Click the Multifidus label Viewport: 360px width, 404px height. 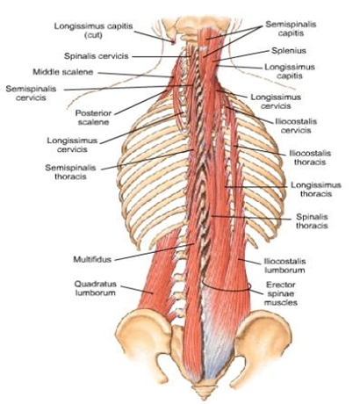coord(92,259)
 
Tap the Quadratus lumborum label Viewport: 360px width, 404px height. coord(96,288)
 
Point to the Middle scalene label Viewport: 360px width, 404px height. coord(63,72)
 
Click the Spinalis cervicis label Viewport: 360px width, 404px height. coord(97,56)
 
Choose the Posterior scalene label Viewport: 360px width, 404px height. coord(93,118)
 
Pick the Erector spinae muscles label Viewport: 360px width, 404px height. coord(281,293)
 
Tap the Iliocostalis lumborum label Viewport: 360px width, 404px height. coord(284,265)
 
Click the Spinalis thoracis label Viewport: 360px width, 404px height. coord(312,221)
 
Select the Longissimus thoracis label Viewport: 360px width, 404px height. coord(316,190)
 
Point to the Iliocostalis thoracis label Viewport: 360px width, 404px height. coord(310,157)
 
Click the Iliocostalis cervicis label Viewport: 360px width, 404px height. coord(296,126)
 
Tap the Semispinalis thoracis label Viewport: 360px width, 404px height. coord(70,172)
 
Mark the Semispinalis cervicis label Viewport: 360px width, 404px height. coord(31,93)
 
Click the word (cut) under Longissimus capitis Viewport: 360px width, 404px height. coord(93,35)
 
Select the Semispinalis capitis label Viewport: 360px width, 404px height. coord(291,29)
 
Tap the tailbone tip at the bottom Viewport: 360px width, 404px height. coord(205,398)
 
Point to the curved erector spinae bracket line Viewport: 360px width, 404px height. coord(227,289)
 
